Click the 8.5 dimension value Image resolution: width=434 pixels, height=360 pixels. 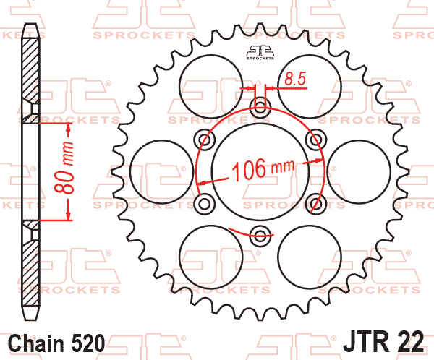click(295, 79)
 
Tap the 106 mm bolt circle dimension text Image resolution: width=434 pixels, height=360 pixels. click(263, 169)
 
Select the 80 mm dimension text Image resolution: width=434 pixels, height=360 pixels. click(65, 168)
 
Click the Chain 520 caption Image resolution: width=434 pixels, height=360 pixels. click(56, 343)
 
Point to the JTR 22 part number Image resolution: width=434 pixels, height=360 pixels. click(383, 341)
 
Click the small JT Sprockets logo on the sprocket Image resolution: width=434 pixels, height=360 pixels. click(260, 53)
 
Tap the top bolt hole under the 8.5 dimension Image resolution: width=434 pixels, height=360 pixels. click(260, 106)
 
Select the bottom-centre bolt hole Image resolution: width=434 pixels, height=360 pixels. click(260, 236)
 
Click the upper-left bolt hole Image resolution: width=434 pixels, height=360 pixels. click(205, 140)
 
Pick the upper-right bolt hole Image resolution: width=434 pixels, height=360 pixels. click(316, 140)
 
